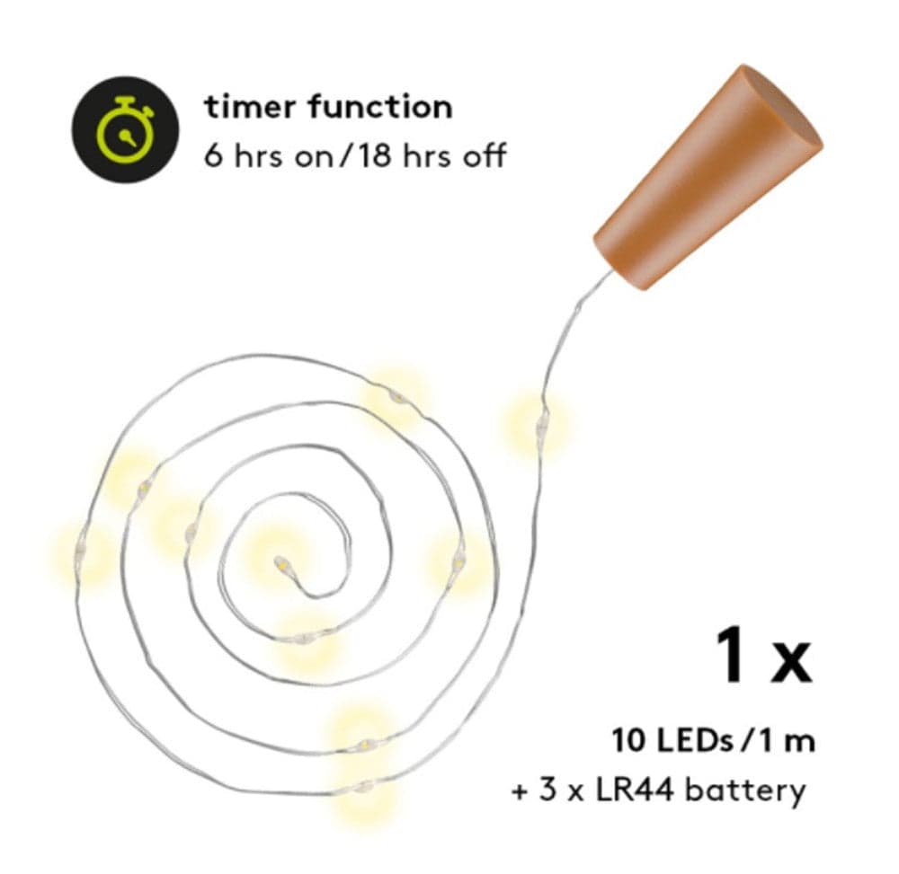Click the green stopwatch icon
pos(125,130)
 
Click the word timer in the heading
pos(250,107)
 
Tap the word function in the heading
pos(379,107)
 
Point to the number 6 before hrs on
pos(213,155)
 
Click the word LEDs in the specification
pos(694,740)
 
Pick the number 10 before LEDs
pos(629,740)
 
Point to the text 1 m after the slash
pos(788,740)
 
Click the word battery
pos(745,791)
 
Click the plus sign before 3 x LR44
pos(520,792)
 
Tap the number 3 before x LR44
pos(548,791)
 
